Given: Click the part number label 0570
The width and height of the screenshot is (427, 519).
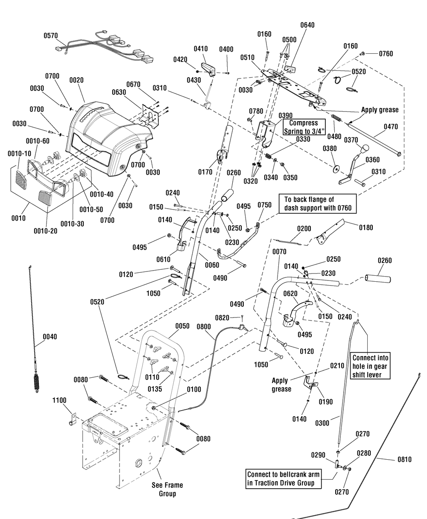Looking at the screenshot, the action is [x=51, y=36].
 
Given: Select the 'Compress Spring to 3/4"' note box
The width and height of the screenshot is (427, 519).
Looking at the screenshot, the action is [x=304, y=127].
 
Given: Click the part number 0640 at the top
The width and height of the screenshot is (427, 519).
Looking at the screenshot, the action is [x=307, y=25].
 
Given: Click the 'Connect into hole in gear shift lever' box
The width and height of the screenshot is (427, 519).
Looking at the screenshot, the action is [x=370, y=366].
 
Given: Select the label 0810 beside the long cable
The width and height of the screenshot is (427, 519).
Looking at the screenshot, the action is [x=405, y=459].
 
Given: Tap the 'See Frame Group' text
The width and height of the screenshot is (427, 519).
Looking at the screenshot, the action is [x=167, y=489].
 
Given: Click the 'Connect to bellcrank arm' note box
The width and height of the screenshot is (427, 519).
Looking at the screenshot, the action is [x=284, y=478].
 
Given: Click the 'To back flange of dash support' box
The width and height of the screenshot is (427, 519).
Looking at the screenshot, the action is [x=318, y=204].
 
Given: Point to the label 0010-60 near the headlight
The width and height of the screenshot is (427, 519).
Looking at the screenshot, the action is [x=38, y=141].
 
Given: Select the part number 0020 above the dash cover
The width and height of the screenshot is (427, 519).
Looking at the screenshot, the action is [x=76, y=80].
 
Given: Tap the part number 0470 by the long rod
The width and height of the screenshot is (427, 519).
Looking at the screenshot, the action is [x=391, y=127].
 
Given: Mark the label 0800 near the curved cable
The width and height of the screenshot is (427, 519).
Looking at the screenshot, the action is [x=204, y=327].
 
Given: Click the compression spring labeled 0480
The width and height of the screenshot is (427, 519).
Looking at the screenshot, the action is [x=336, y=118].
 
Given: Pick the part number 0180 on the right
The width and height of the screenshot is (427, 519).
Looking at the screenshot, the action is [x=366, y=227].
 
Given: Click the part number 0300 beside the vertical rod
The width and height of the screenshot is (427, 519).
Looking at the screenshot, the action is [x=322, y=423].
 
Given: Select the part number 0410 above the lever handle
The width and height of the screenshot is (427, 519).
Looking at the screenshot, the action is [x=201, y=49].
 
